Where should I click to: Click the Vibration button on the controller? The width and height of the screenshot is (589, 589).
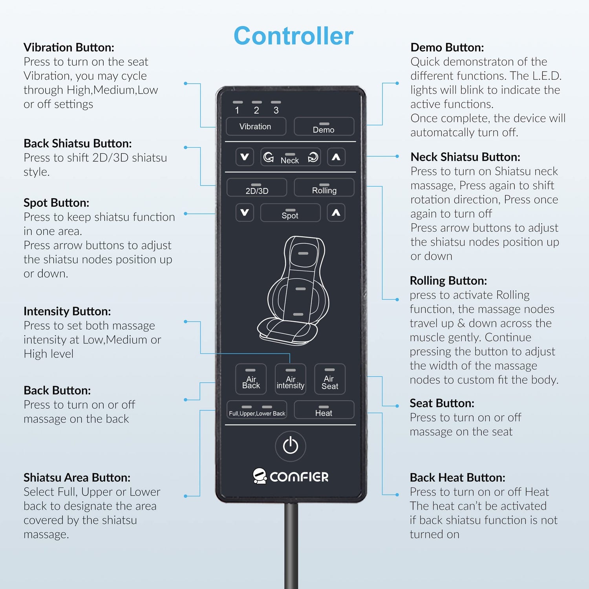[256, 126]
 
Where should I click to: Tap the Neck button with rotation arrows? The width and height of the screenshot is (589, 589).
[290, 157]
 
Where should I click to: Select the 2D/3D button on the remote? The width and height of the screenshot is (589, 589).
[257, 188]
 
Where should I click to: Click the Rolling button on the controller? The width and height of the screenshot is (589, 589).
[324, 188]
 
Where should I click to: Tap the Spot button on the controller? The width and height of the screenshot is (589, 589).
[290, 213]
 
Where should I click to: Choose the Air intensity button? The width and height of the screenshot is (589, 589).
[290, 379]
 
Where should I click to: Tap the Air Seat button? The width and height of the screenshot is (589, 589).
[330, 379]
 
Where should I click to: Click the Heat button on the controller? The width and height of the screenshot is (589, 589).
[324, 410]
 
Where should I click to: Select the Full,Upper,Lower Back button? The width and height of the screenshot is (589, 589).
[257, 410]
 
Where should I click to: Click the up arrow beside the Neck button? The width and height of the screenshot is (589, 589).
[336, 157]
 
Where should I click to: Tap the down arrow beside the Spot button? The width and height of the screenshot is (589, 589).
[245, 213]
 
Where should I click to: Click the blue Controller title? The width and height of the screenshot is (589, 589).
[293, 36]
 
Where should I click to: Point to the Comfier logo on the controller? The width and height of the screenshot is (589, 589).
[291, 476]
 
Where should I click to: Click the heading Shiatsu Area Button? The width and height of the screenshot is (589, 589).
[77, 477]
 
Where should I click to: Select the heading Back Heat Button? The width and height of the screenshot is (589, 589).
[457, 477]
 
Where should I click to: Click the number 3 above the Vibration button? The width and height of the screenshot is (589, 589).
[276, 110]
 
